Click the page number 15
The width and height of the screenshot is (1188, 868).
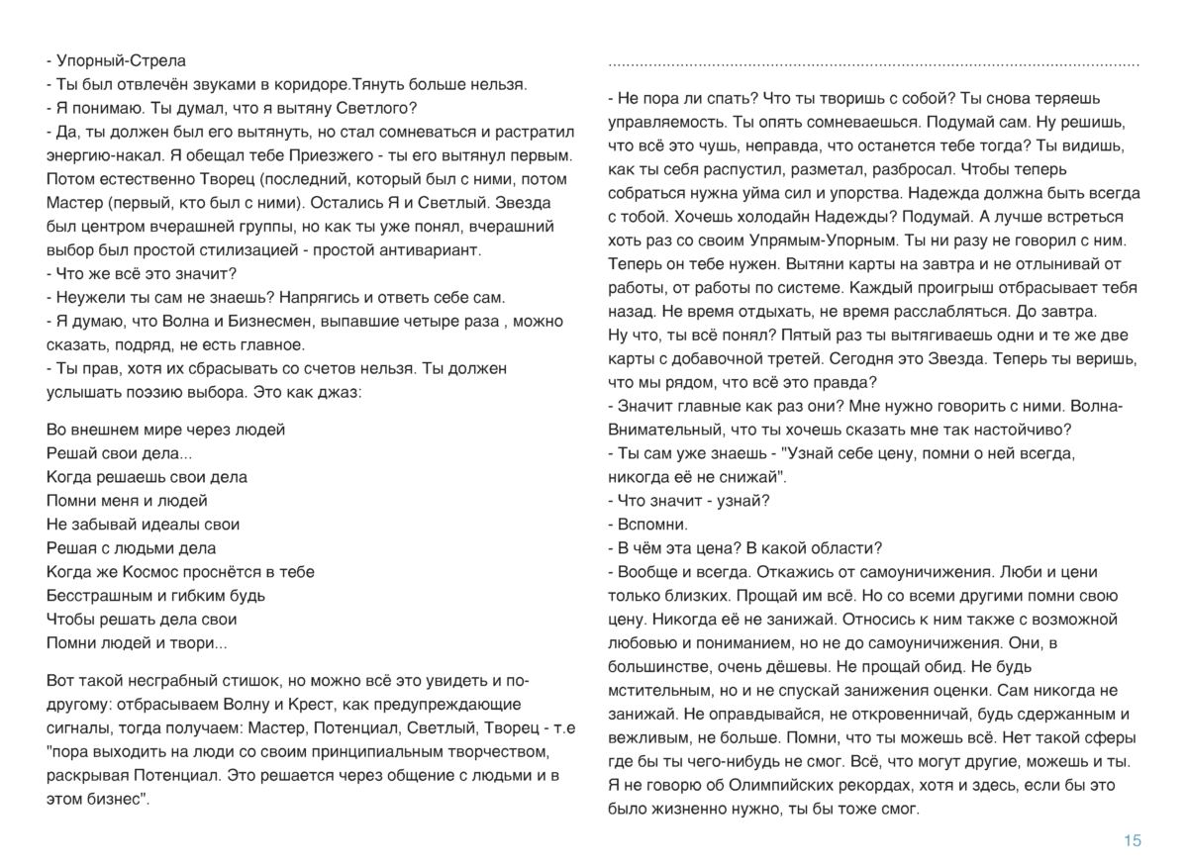click(x=1133, y=841)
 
